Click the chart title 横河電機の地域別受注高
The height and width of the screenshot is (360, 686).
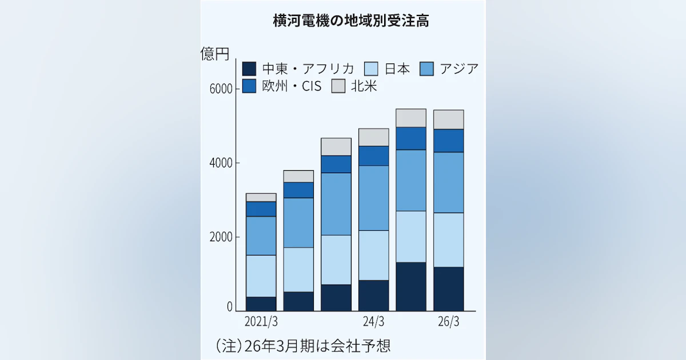tap(351, 22)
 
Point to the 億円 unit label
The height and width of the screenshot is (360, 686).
tap(215, 54)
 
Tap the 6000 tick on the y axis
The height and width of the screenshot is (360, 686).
tap(220, 90)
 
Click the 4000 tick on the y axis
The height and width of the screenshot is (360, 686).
tap(220, 163)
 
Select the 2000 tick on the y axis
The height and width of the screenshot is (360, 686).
tap(220, 238)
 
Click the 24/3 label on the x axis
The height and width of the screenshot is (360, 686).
tap(373, 321)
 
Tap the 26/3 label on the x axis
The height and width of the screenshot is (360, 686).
tap(448, 321)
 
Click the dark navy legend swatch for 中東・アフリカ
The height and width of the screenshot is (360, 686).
tap(249, 69)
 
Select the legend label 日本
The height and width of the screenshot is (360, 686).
tap(397, 69)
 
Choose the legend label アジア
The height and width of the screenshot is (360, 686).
tap(459, 69)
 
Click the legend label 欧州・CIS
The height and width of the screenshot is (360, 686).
tap(292, 86)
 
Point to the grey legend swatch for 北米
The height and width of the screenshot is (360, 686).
tap(339, 86)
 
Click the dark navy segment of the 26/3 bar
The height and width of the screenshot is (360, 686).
tap(448, 289)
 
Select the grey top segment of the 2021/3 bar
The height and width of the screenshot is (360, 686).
tap(261, 197)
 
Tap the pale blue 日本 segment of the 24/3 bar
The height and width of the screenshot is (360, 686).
tap(373, 255)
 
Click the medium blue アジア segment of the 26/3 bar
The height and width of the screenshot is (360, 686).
tap(448, 182)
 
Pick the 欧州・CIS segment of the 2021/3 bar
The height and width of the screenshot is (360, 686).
tap(261, 209)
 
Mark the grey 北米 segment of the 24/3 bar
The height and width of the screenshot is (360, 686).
tap(373, 137)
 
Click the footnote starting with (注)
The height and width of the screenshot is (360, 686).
tap(303, 345)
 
